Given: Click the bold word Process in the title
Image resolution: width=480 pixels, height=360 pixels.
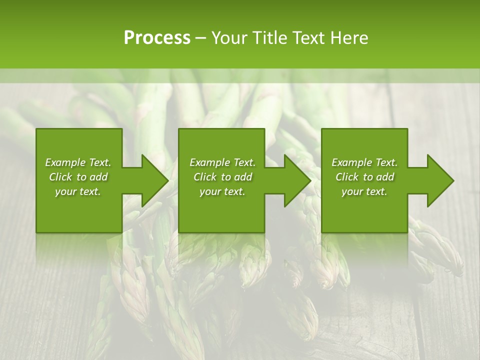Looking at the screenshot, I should [x=157, y=38].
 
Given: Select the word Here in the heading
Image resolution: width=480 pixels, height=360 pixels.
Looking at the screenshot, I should [x=349, y=38].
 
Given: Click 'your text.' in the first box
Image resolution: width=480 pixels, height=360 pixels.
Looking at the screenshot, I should [x=78, y=191].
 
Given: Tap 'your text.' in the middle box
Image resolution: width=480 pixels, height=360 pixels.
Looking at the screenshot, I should [x=222, y=191].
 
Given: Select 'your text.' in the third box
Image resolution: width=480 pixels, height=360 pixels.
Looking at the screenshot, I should [x=364, y=191].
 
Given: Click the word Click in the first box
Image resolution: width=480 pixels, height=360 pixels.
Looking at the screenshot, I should [x=60, y=177].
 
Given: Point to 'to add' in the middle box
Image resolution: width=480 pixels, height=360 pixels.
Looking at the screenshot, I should [x=239, y=177].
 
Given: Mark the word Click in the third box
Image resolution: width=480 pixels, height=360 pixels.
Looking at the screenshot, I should [x=347, y=177].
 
